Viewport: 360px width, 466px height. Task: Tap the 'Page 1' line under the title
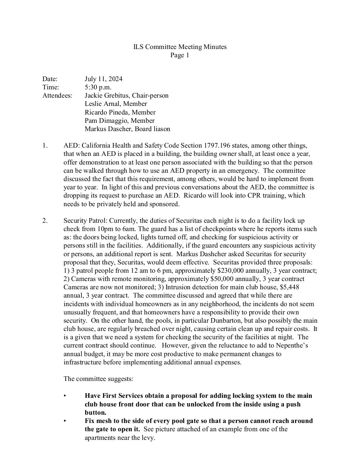click(180, 55)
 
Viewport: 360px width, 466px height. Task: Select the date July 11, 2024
click(104, 79)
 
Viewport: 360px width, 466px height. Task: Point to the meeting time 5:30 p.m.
click(98, 87)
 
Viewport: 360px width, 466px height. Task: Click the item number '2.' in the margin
click(45, 220)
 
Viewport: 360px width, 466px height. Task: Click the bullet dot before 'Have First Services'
click(65, 396)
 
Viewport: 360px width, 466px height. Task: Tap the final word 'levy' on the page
click(148, 438)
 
